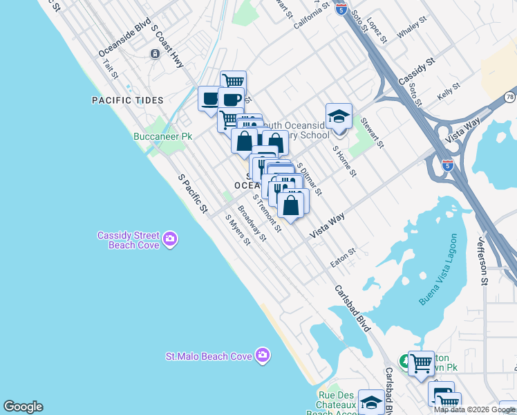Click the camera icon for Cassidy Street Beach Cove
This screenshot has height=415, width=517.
pos(171,240)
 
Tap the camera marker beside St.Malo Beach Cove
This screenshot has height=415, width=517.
pos(262,356)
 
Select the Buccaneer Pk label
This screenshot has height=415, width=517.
pos(162,137)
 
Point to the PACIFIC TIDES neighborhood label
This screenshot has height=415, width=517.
pos(128,100)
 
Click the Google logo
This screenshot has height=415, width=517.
pos(23,407)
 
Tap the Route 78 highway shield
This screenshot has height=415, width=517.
pos(509,97)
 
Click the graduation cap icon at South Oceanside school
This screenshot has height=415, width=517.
pos(339,116)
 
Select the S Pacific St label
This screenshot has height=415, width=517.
pos(193,193)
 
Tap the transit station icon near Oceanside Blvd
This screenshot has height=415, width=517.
pos(154,54)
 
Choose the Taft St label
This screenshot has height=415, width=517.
pos(111,68)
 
